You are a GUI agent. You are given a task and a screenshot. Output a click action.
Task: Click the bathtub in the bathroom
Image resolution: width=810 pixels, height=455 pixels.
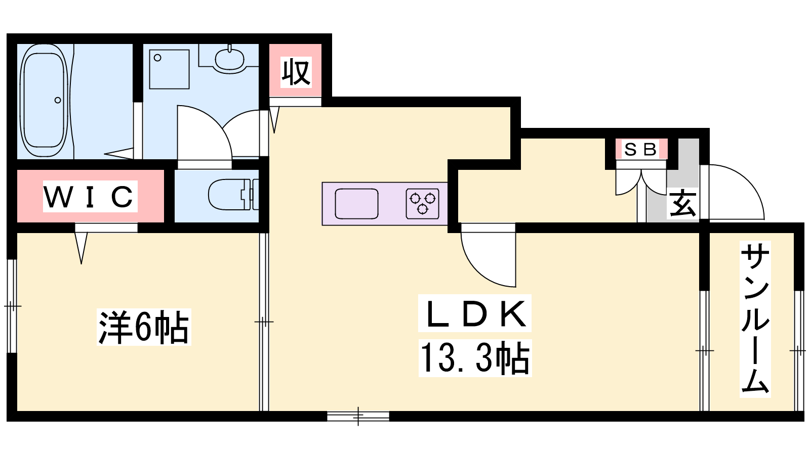coord(44,101)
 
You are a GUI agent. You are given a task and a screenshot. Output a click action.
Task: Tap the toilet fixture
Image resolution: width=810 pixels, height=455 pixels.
coord(233,195)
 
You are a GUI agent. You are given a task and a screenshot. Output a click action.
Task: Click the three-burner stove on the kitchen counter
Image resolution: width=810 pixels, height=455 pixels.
coord(422,204)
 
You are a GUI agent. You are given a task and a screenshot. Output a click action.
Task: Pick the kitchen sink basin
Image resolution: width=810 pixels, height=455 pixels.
coord(356,204)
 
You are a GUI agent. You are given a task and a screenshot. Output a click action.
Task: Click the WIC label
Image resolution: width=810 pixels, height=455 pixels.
coord(90,197)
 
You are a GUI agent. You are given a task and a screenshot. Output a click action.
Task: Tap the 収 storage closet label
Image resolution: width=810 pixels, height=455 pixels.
coord(296,72)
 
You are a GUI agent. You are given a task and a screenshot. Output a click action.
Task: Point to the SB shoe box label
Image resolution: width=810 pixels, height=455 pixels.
coord(641,149)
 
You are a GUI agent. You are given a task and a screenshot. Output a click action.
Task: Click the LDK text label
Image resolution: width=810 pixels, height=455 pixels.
coord(475,313)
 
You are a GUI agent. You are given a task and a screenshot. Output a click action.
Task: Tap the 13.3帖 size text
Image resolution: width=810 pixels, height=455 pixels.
coord(475,358)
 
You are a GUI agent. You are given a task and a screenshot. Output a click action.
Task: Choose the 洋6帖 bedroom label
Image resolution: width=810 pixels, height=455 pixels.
coord(144,327)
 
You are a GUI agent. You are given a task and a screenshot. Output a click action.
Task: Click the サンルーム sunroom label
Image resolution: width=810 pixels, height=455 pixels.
coord(755,319)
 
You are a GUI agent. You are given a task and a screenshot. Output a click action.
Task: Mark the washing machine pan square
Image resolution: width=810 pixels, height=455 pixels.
coord(169,69)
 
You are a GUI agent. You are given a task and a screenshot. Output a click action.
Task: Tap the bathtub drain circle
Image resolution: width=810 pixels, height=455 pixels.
coord(58,100)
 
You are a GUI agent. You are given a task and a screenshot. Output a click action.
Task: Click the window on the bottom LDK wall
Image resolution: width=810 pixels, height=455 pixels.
coord(358,416)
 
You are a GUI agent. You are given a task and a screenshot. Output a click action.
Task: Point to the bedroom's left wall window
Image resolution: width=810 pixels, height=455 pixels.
coord(12,306)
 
